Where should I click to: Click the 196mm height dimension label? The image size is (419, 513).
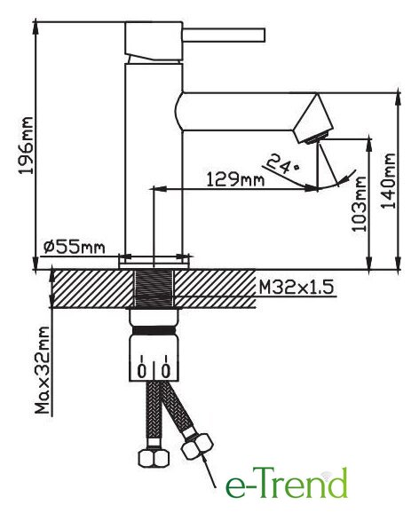click(26, 146)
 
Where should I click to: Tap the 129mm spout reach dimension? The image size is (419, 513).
click(235, 179)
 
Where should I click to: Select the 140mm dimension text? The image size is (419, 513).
click(389, 180)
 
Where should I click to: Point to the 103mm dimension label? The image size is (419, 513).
click(360, 204)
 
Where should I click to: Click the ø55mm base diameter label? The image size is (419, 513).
click(74, 247)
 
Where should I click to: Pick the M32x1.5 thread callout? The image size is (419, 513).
click(296, 288)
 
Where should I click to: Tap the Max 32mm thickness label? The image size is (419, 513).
click(43, 370)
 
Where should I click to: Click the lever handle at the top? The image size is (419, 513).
click(224, 36)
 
